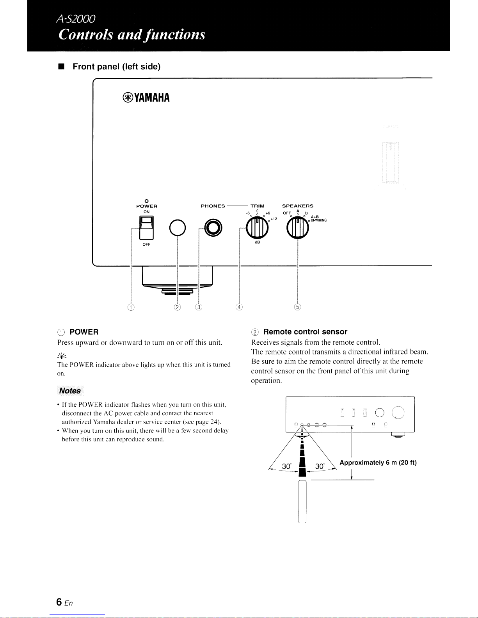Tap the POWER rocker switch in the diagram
pyautogui.click(x=147, y=227)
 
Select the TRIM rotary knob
pyautogui.click(x=257, y=228)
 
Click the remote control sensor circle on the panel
pyautogui.click(x=178, y=228)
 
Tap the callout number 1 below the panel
pyautogui.click(x=131, y=307)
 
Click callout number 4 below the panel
pyautogui.click(x=239, y=307)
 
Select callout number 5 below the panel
pyautogui.click(x=298, y=307)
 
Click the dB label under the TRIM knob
pyautogui.click(x=258, y=243)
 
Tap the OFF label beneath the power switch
pyautogui.click(x=146, y=244)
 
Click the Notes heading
pyautogui.click(x=70, y=391)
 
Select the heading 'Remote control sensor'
pyautogui.click(x=305, y=332)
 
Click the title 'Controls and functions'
pyautogui.click(x=132, y=34)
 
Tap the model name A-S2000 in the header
pyautogui.click(x=76, y=18)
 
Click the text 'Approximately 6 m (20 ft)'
pyautogui.click(x=378, y=463)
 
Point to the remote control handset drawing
pyautogui.click(x=302, y=501)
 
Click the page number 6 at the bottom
pyautogui.click(x=59, y=602)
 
